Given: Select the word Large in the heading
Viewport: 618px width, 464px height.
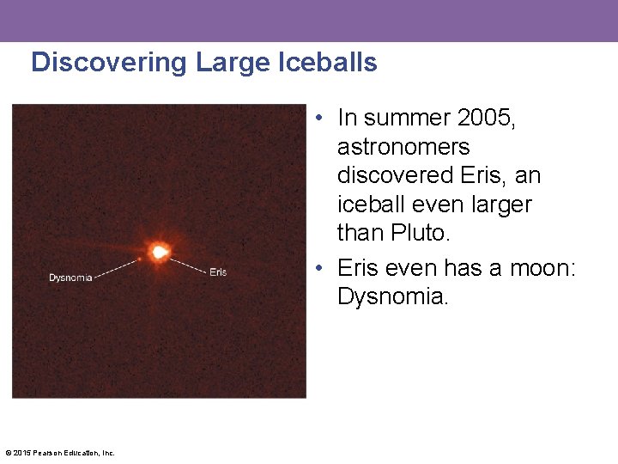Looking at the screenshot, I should click(233, 63).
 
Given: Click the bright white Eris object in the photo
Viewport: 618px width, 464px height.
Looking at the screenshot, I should click(159, 252).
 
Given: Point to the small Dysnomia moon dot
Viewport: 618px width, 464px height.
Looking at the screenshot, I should click(139, 258).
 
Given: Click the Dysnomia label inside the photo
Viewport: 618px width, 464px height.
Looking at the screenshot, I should click(70, 278).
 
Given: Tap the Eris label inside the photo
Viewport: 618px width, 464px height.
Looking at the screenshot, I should click(218, 272).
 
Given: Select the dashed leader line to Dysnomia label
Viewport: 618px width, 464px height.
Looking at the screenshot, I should click(116, 268).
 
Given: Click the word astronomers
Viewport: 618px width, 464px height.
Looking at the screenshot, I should click(403, 147).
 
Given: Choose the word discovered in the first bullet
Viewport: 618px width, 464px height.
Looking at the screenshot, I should click(396, 175).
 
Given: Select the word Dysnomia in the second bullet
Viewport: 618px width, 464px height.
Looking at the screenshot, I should click(392, 296).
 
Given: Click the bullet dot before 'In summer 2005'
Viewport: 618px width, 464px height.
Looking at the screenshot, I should click(318, 119).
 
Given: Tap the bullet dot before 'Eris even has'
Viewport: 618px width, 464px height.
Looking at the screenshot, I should click(318, 269).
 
